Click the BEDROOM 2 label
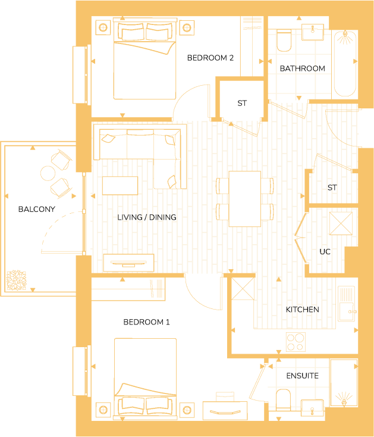pyautogui.click(x=210, y=58)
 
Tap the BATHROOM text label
pyautogui.click(x=302, y=68)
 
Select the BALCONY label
pyautogui.click(x=36, y=209)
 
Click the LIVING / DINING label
pyautogui.click(x=147, y=217)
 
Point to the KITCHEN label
pyautogui.click(x=302, y=310)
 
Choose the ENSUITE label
pyautogui.click(x=302, y=376)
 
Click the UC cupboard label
pyautogui.click(x=325, y=252)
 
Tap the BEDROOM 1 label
pyautogui.click(x=146, y=322)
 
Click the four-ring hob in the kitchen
pyautogui.click(x=296, y=342)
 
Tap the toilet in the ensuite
pyautogui.click(x=283, y=398)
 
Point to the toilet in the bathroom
pyautogui.click(x=284, y=40)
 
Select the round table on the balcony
pyautogui.click(x=48, y=173)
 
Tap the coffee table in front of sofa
pyautogui.click(x=120, y=185)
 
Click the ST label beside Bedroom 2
pyautogui.click(x=242, y=103)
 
